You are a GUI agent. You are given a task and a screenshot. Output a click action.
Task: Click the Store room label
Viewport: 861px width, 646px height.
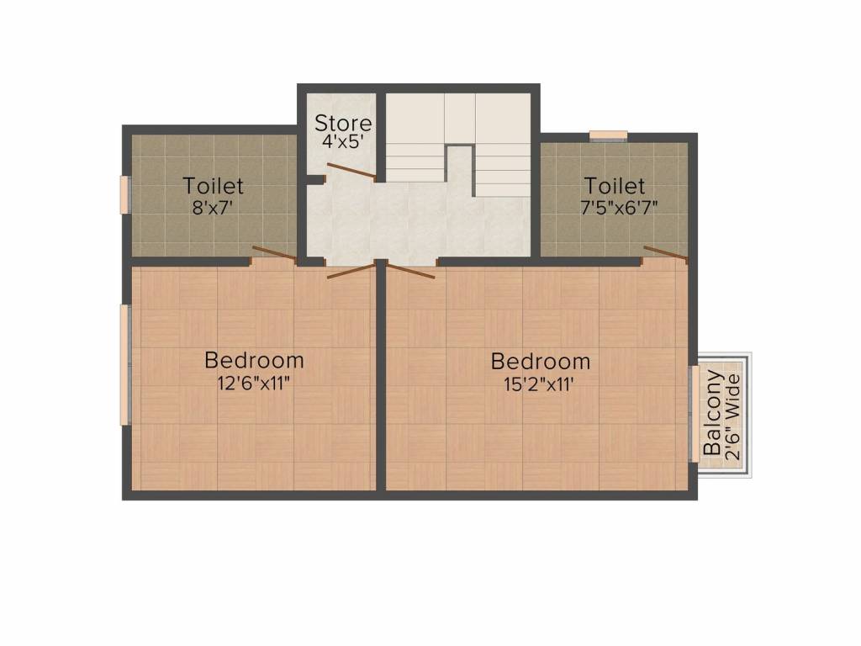click(343, 124)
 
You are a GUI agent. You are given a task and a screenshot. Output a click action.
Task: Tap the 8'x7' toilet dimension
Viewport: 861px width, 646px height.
click(214, 207)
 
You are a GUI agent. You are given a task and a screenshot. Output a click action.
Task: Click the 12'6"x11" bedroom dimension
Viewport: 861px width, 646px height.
click(254, 384)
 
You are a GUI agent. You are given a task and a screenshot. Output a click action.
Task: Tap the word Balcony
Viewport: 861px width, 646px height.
click(712, 413)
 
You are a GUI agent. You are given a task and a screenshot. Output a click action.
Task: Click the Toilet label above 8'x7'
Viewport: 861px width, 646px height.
click(214, 185)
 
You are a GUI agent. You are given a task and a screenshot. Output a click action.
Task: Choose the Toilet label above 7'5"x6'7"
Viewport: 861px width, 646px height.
click(615, 185)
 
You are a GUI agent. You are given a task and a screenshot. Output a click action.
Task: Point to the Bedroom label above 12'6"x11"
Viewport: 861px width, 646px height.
click(254, 361)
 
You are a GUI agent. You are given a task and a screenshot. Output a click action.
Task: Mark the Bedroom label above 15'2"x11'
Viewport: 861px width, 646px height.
click(540, 362)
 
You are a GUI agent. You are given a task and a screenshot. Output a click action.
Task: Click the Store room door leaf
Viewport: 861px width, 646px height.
click(351, 172)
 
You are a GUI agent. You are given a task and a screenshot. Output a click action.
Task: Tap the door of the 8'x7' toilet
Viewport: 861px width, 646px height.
click(274, 254)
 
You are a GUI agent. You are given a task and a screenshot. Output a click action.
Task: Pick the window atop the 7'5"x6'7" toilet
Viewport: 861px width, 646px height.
click(607, 134)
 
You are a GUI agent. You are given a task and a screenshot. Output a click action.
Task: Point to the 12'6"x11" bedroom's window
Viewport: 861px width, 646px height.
click(124, 364)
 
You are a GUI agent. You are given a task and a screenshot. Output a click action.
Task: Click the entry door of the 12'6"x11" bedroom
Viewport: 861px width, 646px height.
click(351, 270)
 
